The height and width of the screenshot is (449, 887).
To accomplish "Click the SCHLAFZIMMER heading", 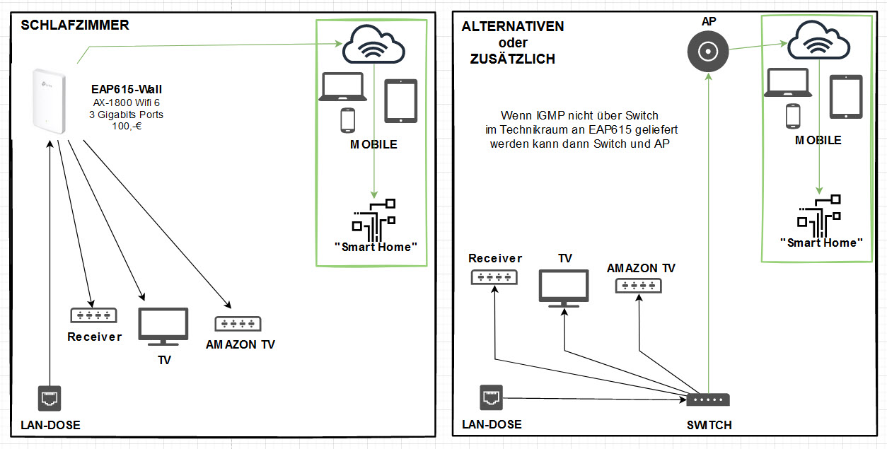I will pyautogui.click(x=75, y=25).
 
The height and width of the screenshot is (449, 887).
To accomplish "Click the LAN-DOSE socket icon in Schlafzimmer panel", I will pyautogui.click(x=50, y=397).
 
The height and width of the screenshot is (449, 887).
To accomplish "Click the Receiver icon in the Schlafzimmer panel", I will pyautogui.click(x=93, y=315).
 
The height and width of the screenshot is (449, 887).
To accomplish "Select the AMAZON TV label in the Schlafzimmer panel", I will pyautogui.click(x=240, y=345).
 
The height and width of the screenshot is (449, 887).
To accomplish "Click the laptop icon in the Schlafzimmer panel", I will pyautogui.click(x=342, y=87).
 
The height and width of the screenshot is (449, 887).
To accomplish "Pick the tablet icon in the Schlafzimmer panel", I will pyautogui.click(x=401, y=100).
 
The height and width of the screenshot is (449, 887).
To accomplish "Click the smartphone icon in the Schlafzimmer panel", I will pyautogui.click(x=347, y=120).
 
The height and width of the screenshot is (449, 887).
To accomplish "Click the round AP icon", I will pyautogui.click(x=707, y=51).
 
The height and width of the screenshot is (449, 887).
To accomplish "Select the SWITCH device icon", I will pyautogui.click(x=708, y=400).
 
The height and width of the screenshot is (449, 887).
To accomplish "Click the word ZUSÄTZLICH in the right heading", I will pyautogui.click(x=513, y=59).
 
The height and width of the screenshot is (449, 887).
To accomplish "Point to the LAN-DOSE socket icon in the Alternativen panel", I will pyautogui.click(x=492, y=397).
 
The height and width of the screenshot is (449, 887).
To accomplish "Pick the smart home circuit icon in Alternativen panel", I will pyautogui.click(x=821, y=215).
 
